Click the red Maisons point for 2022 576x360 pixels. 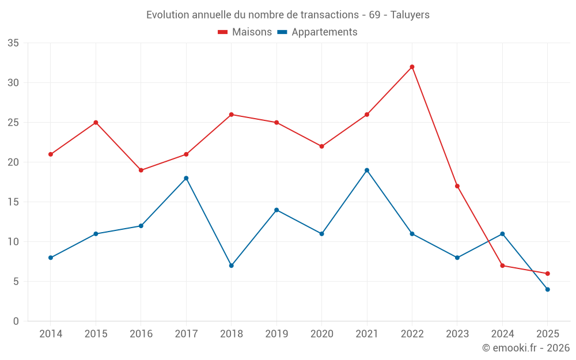click(x=412, y=67)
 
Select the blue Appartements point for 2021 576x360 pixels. click(x=367, y=170)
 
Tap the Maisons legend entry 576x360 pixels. click(x=245, y=32)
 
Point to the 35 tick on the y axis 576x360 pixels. click(x=13, y=43)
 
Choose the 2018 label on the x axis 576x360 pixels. click(x=231, y=334)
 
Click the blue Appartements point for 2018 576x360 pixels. click(x=231, y=266)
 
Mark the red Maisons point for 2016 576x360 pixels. click(x=141, y=170)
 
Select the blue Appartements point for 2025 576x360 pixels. click(x=547, y=290)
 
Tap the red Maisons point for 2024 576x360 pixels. click(x=502, y=266)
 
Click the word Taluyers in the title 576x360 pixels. click(x=410, y=15)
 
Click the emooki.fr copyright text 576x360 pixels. click(x=526, y=348)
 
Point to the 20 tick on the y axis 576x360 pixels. click(x=13, y=162)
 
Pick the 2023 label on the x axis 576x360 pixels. click(x=457, y=334)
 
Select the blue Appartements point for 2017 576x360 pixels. click(x=186, y=179)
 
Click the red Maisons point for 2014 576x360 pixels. click(x=51, y=154)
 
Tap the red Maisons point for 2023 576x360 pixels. click(x=457, y=186)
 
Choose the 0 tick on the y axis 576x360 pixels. click(x=16, y=321)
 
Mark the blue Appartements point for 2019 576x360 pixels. click(x=276, y=210)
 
